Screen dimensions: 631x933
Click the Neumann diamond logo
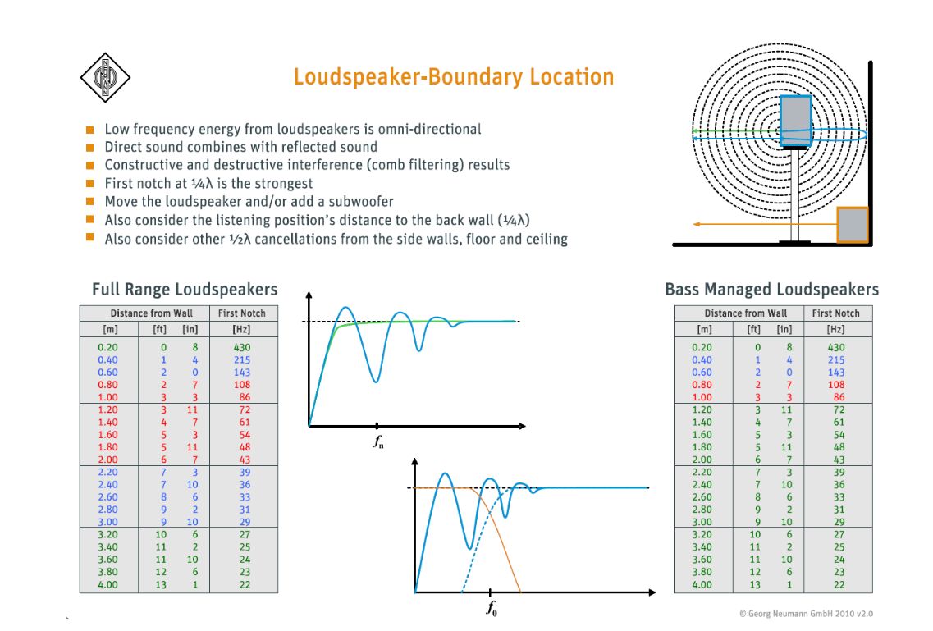click(x=105, y=77)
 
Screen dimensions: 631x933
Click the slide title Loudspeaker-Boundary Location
click(x=454, y=77)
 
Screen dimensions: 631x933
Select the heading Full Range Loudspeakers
click(x=185, y=290)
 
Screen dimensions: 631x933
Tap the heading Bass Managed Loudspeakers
click(x=771, y=290)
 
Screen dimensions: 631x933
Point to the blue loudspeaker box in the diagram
click(x=794, y=121)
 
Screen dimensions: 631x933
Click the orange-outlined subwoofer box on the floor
click(x=852, y=225)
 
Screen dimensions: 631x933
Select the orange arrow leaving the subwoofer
click(x=763, y=223)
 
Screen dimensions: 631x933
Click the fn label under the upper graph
click(x=377, y=441)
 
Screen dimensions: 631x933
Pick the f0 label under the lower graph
click(x=492, y=609)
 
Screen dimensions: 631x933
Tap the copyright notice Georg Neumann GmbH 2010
click(x=806, y=613)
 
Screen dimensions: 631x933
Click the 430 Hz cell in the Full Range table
click(x=242, y=347)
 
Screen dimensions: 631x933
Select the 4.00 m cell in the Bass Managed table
click(x=704, y=585)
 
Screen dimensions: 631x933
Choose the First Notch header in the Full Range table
click(x=242, y=313)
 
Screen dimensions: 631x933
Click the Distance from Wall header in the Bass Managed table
click(x=745, y=313)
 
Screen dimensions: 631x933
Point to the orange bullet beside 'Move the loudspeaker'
click(x=89, y=202)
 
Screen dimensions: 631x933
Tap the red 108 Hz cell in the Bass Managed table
click(x=836, y=385)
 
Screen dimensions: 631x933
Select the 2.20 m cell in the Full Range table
click(x=107, y=473)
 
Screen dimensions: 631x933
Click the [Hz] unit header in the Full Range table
click(x=242, y=330)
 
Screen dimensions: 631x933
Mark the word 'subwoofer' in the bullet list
click(x=364, y=202)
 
